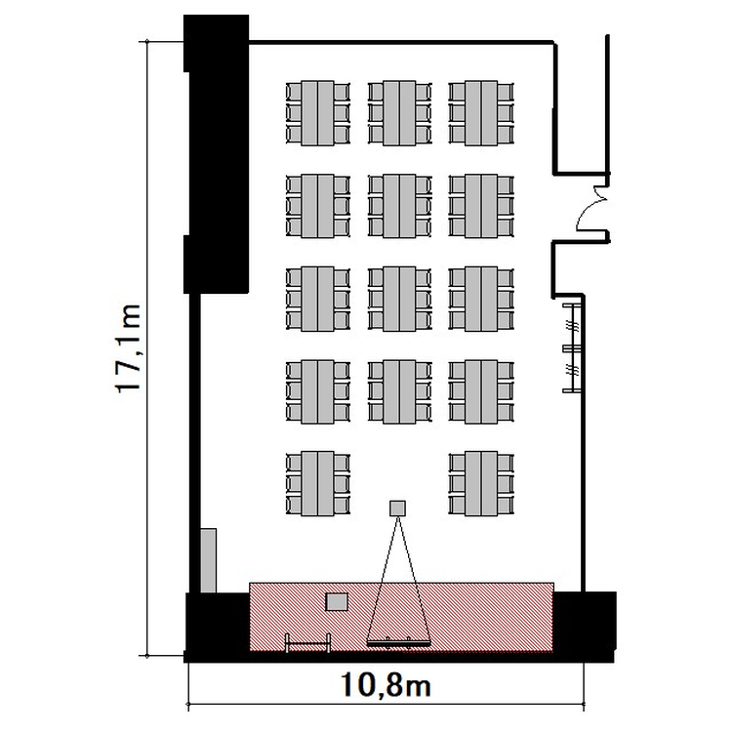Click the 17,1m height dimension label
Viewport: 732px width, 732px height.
point(128,348)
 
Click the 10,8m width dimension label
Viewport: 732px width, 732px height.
point(386,685)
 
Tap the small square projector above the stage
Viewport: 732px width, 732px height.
point(398,508)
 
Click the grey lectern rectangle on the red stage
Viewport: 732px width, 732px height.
point(337,602)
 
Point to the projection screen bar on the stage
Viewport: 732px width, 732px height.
point(398,644)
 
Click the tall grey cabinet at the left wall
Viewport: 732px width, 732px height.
point(208,560)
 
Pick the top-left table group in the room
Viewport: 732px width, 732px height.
point(318,113)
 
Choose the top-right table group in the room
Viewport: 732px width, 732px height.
point(481,113)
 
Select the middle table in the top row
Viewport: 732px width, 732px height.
point(399,113)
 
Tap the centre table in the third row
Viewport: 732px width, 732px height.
point(399,299)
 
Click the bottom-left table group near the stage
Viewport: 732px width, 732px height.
point(318,484)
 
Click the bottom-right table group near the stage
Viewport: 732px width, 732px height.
point(481,484)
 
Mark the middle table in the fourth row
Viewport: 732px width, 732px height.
point(399,391)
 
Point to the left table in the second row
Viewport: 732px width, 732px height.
point(318,206)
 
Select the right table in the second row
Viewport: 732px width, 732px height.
point(481,206)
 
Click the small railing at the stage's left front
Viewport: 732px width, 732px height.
point(308,643)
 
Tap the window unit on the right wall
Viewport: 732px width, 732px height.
point(572,347)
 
